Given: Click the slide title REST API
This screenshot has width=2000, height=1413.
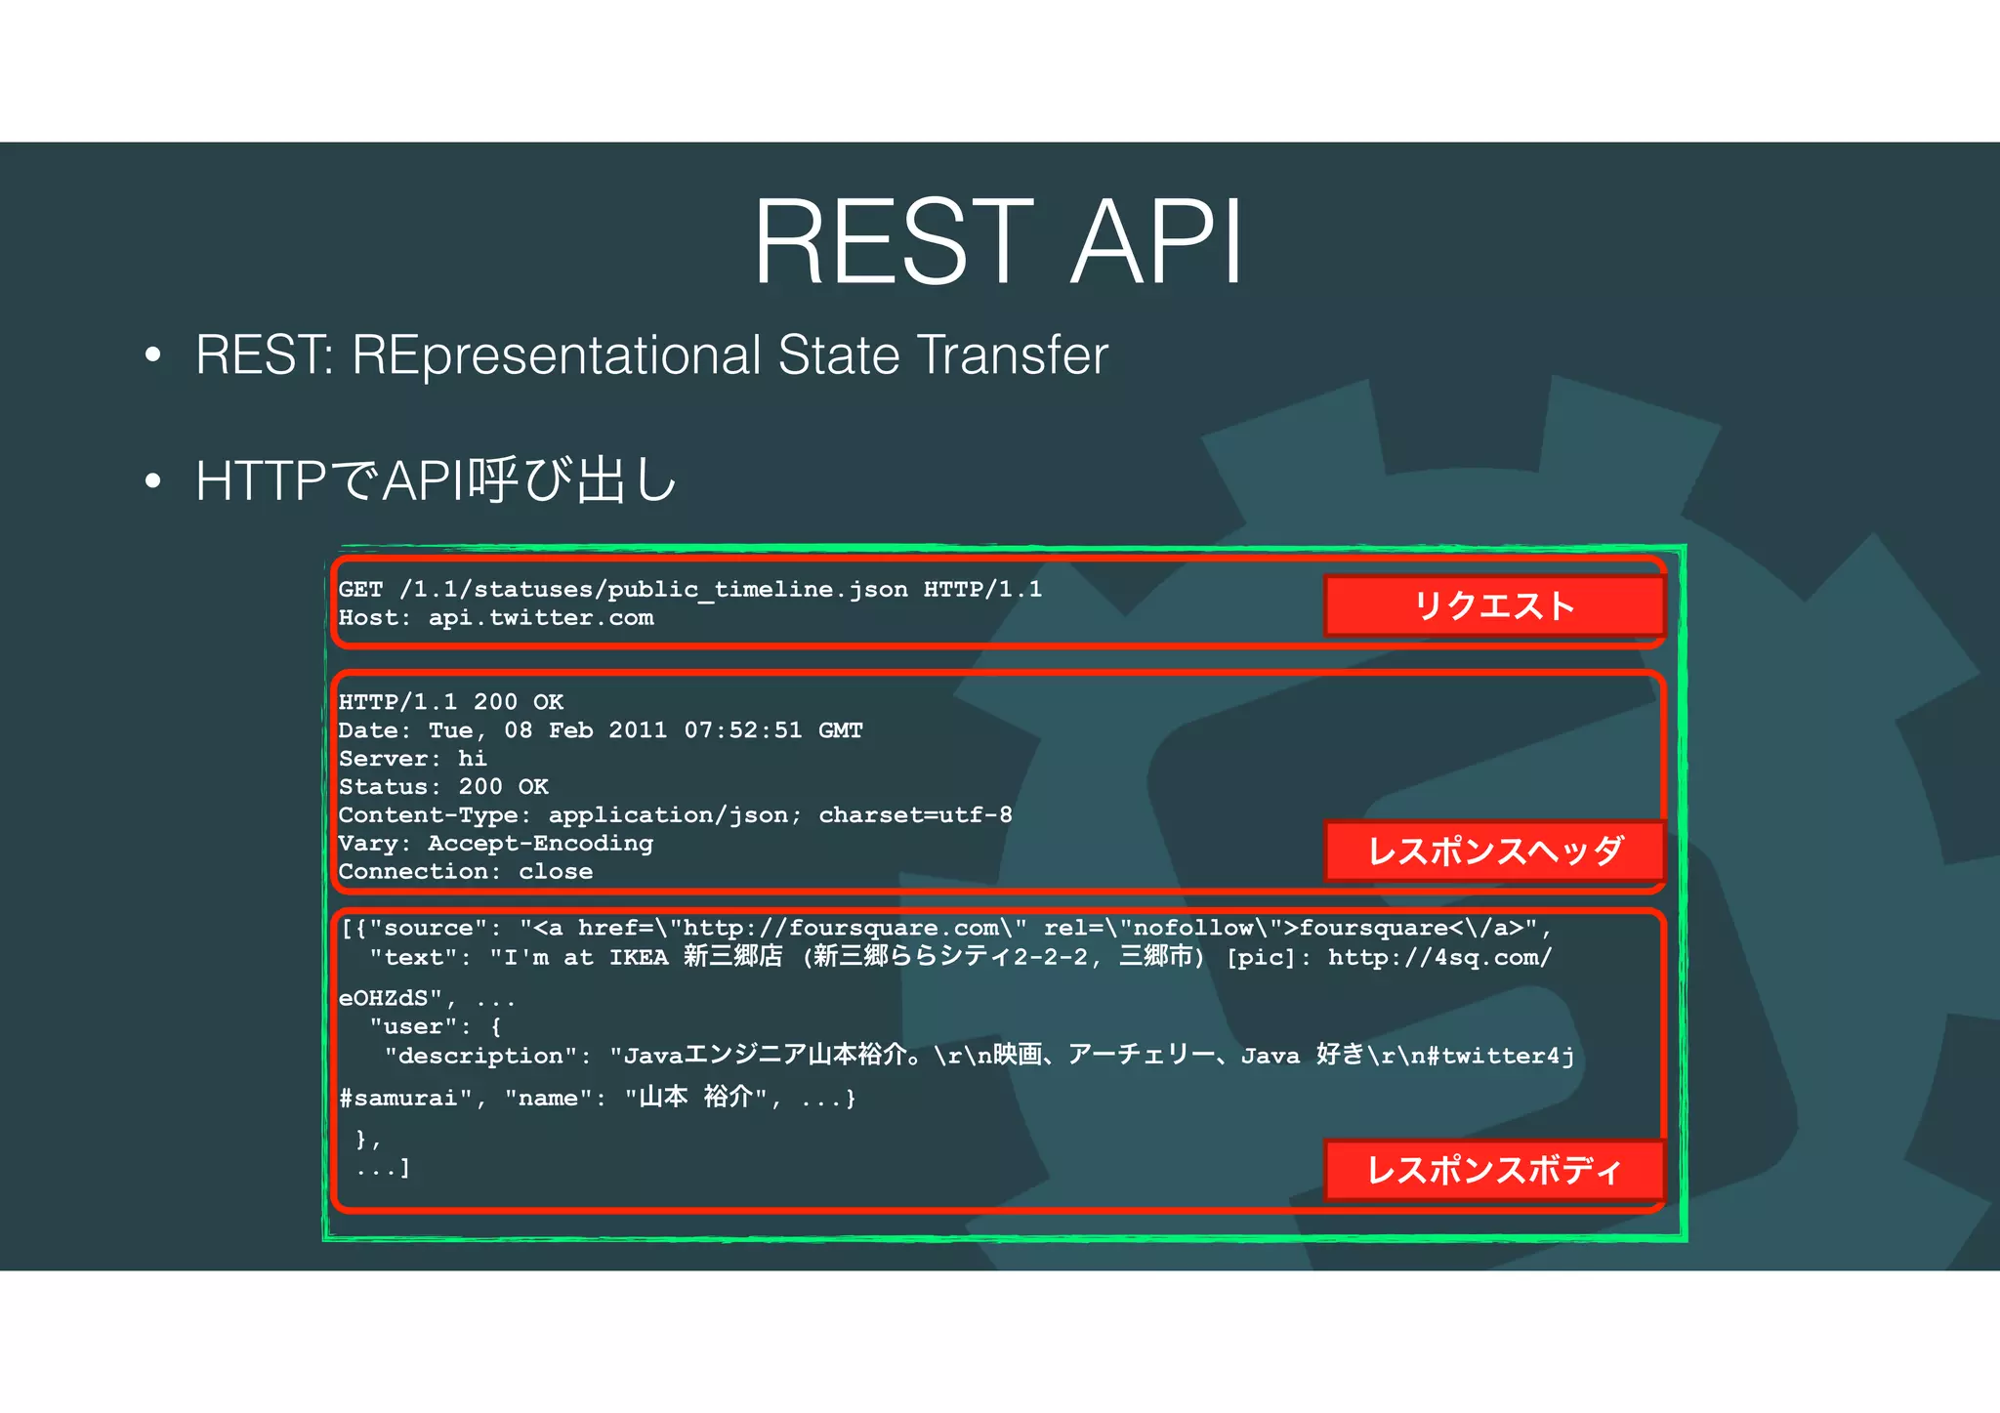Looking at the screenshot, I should pyautogui.click(x=998, y=242).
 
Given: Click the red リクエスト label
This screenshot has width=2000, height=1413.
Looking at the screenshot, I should pyautogui.click(x=1494, y=606).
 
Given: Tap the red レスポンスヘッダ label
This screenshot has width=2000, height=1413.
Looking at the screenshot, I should pyautogui.click(x=1494, y=851).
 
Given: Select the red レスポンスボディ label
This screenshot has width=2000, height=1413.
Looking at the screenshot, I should pyautogui.click(x=1494, y=1169).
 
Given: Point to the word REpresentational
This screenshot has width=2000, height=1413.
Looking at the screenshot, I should pyautogui.click(x=556, y=355).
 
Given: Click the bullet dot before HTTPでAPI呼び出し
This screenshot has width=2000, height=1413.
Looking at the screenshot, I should pyautogui.click(x=152, y=481).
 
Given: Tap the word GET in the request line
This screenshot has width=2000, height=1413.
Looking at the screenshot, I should pyautogui.click(x=360, y=590).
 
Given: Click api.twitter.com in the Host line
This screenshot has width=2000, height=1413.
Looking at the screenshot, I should pyautogui.click(x=541, y=618).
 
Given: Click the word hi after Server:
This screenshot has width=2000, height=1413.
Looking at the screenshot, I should pyautogui.click(x=473, y=759).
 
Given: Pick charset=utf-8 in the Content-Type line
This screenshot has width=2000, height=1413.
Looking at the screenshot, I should pyautogui.click(x=915, y=815).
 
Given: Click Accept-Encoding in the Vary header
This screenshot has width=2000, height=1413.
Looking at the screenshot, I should pyautogui.click(x=540, y=844).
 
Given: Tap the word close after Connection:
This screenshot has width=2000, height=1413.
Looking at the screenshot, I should pyautogui.click(x=556, y=872).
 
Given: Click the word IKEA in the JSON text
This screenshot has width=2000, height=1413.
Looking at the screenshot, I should pyautogui.click(x=639, y=958).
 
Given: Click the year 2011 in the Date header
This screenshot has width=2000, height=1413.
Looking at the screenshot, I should pyautogui.click(x=638, y=730).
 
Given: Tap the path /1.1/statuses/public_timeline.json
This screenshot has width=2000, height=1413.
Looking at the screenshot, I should pyautogui.click(x=652, y=590).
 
